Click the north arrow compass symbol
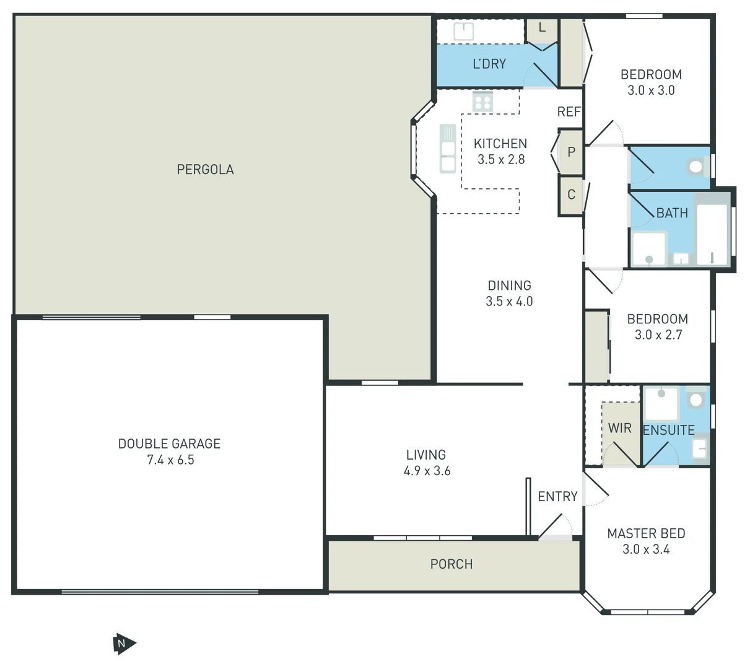(123, 644)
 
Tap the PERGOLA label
(205, 169)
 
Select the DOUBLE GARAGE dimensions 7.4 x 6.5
(170, 460)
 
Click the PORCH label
(451, 564)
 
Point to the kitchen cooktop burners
(482, 101)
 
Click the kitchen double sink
(447, 149)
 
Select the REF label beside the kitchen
(569, 111)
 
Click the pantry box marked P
(571, 152)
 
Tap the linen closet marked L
(542, 28)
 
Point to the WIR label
(619, 428)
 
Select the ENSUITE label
(668, 430)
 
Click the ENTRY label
(557, 496)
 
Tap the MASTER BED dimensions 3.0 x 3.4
(646, 549)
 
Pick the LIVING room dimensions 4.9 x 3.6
(427, 471)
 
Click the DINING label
(509, 286)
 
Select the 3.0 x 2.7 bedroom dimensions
(658, 334)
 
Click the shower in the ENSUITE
(661, 403)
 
